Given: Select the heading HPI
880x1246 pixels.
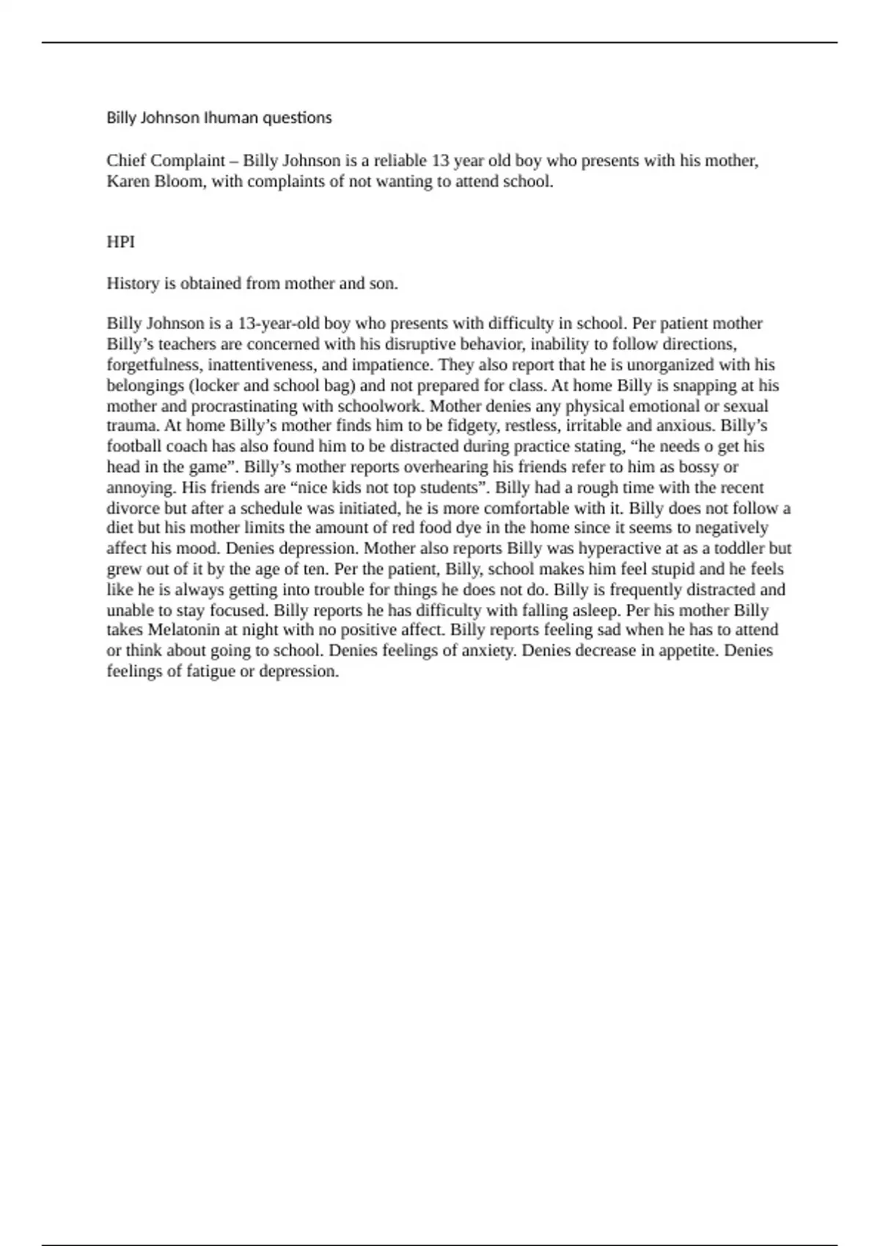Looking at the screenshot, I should point(121,242).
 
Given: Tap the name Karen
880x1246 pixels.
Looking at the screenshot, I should point(128,182).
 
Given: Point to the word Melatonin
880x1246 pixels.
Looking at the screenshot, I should point(183,630).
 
